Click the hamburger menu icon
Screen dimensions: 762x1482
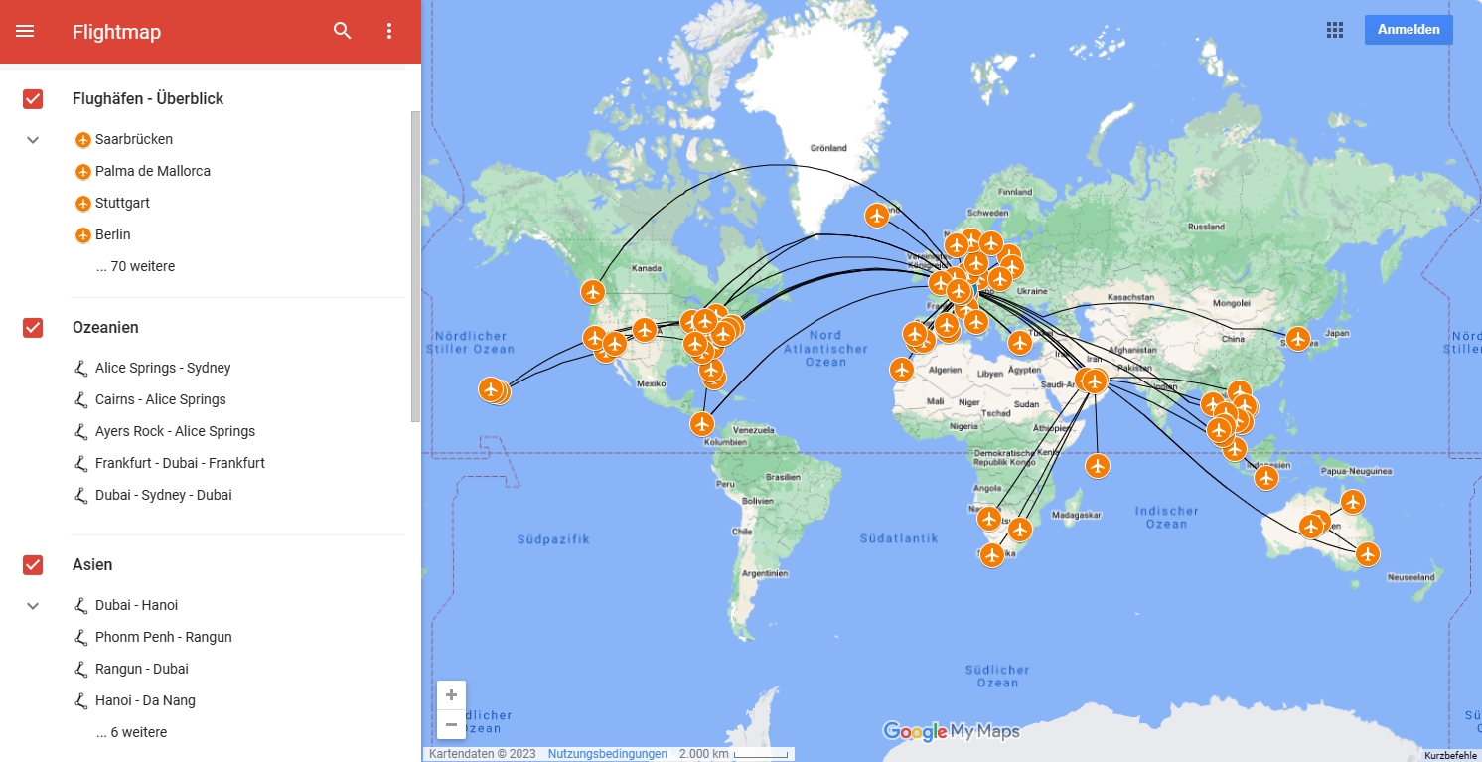pyautogui.click(x=25, y=31)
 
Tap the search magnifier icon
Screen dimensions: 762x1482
pyautogui.click(x=343, y=31)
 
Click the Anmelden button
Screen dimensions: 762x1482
pyautogui.click(x=1408, y=30)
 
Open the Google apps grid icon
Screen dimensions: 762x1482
pyautogui.click(x=1335, y=30)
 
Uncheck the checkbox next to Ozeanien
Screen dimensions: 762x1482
pyautogui.click(x=33, y=328)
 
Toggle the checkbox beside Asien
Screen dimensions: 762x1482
pyautogui.click(x=33, y=565)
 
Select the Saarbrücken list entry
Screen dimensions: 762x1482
pyautogui.click(x=134, y=139)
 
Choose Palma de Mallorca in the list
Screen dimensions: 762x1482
pyautogui.click(x=153, y=171)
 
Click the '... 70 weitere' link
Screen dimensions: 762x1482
pyautogui.click(x=135, y=266)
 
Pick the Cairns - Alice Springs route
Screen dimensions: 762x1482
pyautogui.click(x=161, y=399)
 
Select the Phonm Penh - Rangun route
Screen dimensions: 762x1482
pyautogui.click(x=164, y=637)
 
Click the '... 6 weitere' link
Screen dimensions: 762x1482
pyautogui.click(x=132, y=732)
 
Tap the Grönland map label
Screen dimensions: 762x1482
pyautogui.click(x=828, y=148)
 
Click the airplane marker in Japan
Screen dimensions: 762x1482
pyautogui.click(x=1296, y=339)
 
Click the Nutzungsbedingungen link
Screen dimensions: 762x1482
pyautogui.click(x=607, y=754)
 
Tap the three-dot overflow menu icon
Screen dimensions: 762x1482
pyautogui.click(x=389, y=31)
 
